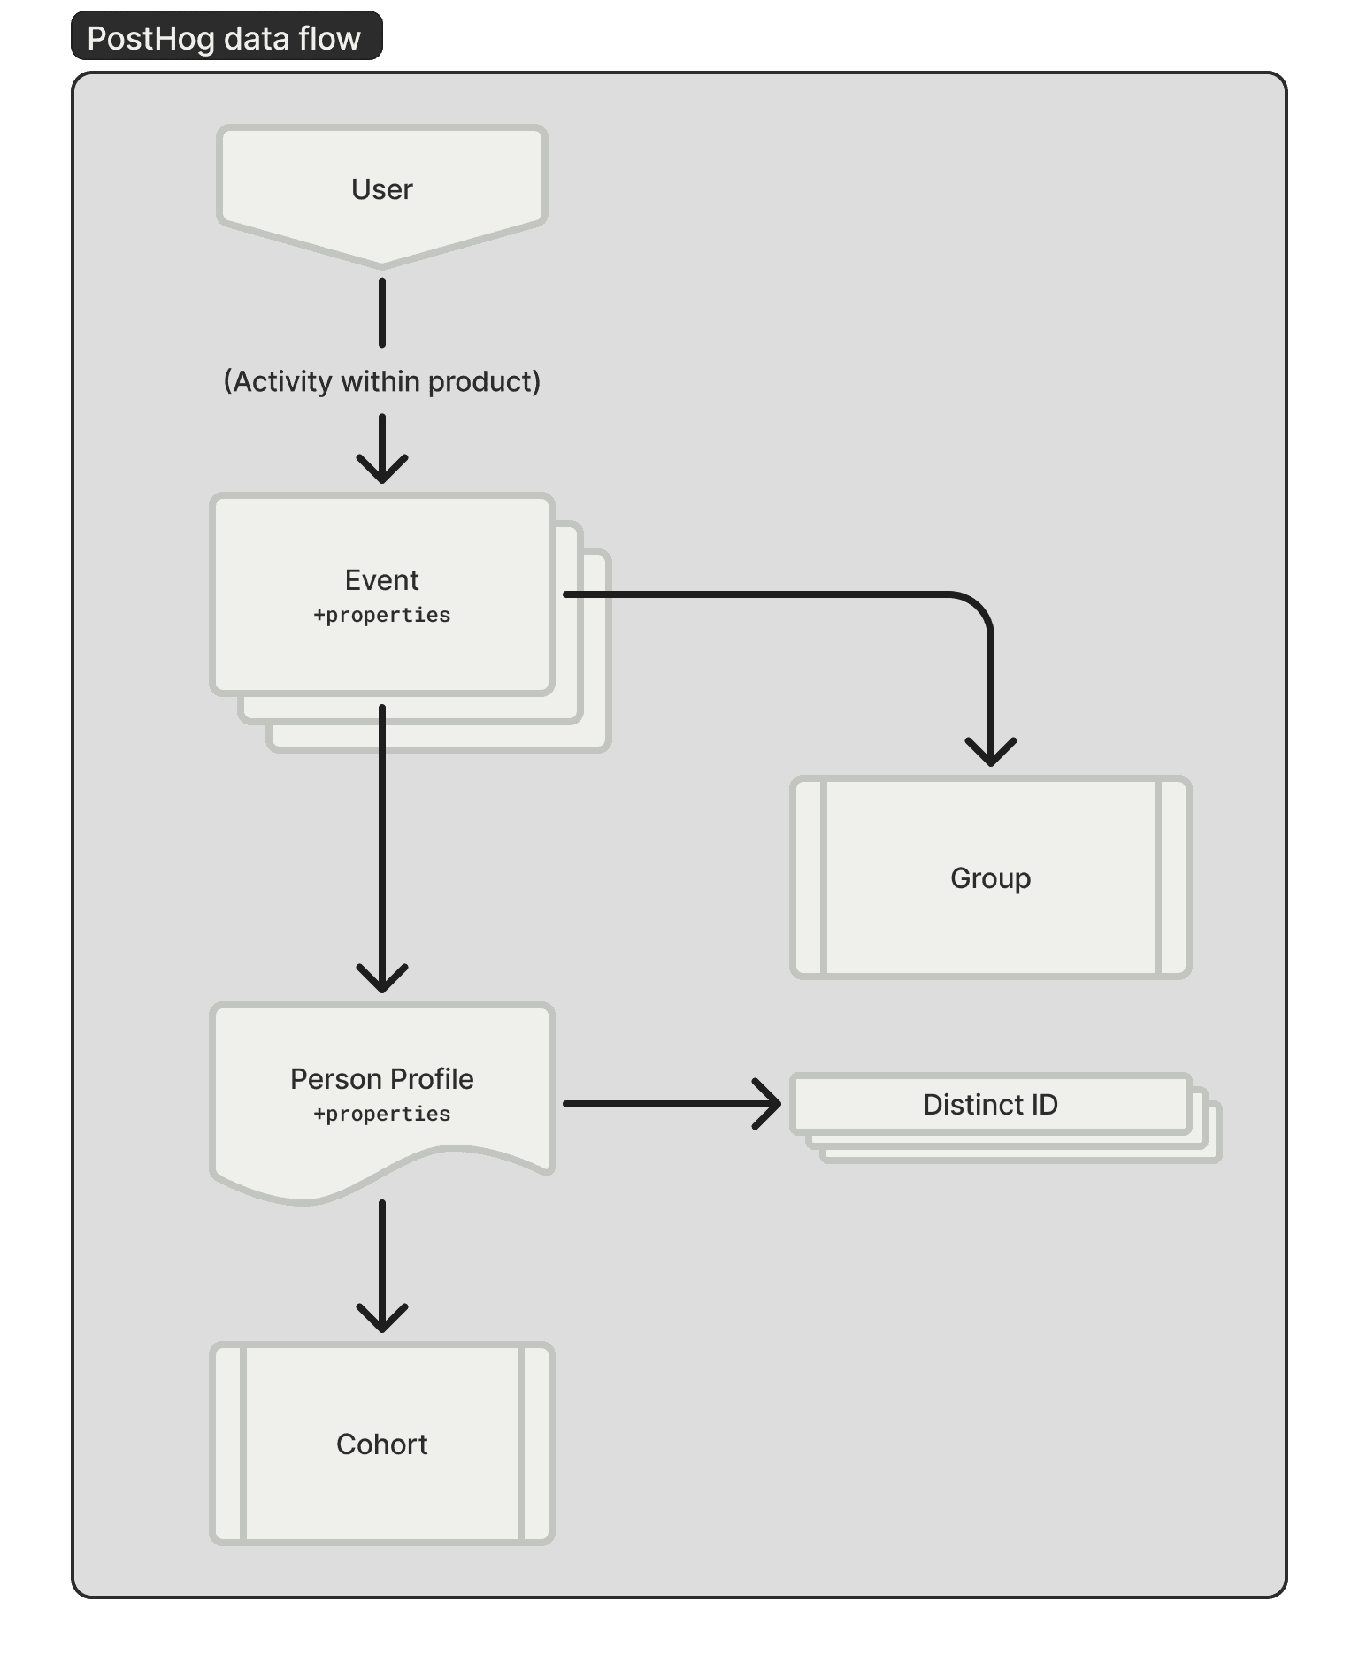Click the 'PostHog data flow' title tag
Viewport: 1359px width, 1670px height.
225,38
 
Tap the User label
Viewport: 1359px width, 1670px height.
381,189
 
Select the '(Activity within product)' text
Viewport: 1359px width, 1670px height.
381,381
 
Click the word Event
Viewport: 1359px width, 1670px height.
381,580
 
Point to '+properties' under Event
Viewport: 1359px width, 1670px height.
381,615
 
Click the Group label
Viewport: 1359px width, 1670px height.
990,878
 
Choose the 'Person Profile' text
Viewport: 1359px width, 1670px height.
381,1079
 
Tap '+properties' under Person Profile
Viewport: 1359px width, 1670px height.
381,1114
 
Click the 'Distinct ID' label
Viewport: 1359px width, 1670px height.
990,1105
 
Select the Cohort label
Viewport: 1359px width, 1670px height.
381,1444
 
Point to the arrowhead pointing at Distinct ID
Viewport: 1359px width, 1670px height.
770,1104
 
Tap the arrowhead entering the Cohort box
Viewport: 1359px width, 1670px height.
382,1321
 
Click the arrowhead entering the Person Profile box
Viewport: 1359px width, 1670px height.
382,982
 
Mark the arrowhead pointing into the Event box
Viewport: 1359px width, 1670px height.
382,472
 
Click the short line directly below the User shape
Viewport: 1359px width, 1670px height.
382,313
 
